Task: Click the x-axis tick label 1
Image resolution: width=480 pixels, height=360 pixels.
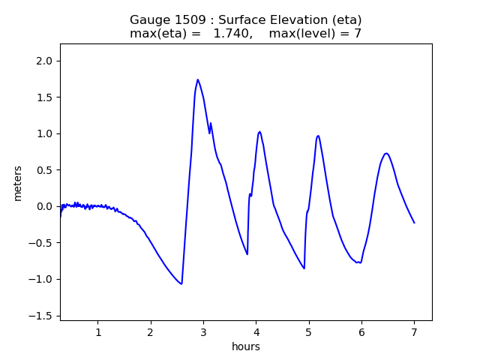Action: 97,332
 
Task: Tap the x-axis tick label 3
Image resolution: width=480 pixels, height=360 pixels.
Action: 203,332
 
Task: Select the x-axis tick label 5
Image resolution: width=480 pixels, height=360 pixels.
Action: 308,332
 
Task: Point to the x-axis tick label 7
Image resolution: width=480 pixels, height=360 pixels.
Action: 414,332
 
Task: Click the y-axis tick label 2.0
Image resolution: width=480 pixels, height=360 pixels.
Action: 45,61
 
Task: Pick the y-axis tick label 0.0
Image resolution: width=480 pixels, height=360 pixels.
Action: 45,206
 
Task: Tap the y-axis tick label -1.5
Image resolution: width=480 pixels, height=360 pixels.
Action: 43,316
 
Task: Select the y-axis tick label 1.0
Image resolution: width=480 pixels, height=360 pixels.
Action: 45,133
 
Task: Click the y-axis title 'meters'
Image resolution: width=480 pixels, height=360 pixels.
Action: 17,183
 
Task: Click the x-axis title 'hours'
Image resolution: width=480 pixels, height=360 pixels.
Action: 246,346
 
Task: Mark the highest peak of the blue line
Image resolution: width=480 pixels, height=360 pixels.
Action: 198,79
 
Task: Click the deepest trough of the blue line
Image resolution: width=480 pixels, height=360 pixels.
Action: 181,283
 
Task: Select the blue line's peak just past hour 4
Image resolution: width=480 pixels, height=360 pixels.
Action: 259,132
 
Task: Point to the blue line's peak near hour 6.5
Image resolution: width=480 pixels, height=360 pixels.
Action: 386,154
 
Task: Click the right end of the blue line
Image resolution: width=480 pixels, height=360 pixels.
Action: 414,223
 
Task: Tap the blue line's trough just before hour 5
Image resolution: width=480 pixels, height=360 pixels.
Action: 304,268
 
